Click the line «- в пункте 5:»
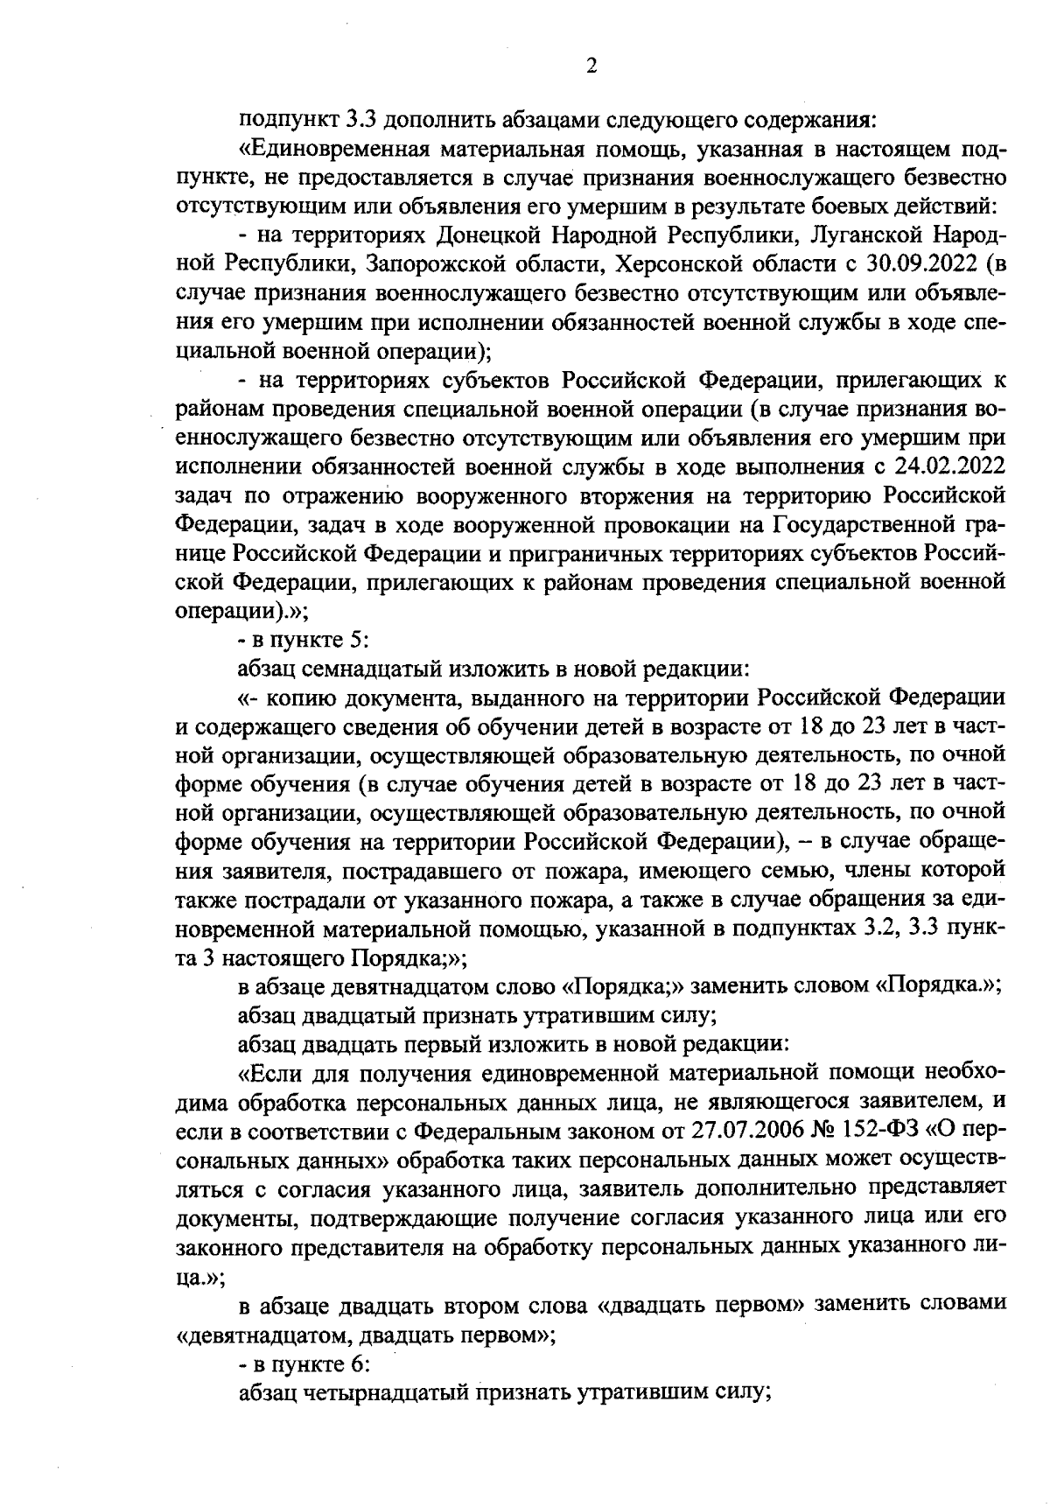292,641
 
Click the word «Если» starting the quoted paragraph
271,1074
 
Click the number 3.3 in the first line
361,121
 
